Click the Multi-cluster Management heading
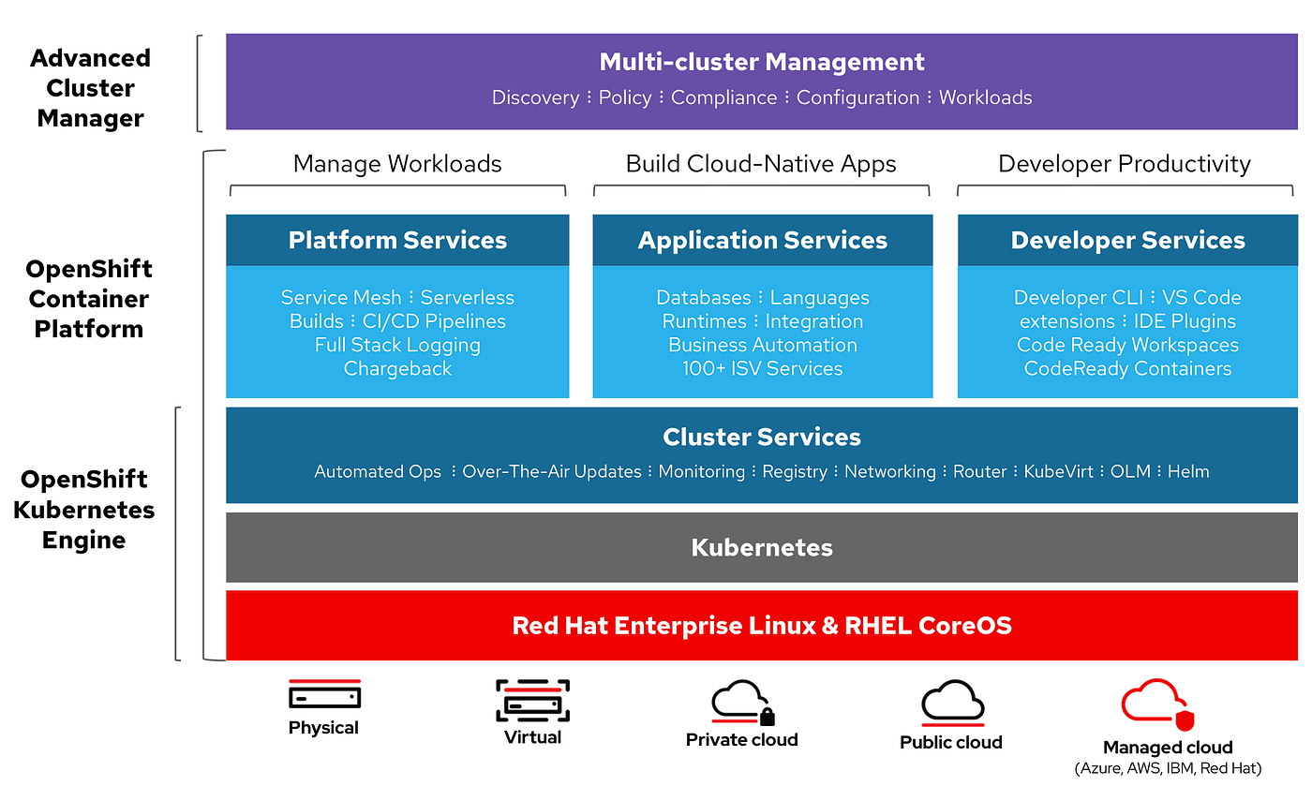(761, 62)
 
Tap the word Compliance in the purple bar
(723, 97)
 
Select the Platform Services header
(397, 240)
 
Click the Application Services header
(762, 241)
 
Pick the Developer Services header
(1127, 240)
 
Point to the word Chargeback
(397, 369)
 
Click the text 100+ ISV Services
(762, 368)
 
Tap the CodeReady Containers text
(1127, 368)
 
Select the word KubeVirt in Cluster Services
(1058, 471)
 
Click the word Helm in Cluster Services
(1188, 471)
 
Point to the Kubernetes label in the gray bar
(761, 548)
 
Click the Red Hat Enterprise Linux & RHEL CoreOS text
(761, 626)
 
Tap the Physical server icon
(324, 694)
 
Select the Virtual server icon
(532, 701)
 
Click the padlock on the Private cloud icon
(767, 717)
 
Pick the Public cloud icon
(952, 703)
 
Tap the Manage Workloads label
(397, 164)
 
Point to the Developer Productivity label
(1124, 164)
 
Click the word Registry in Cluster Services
(795, 472)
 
